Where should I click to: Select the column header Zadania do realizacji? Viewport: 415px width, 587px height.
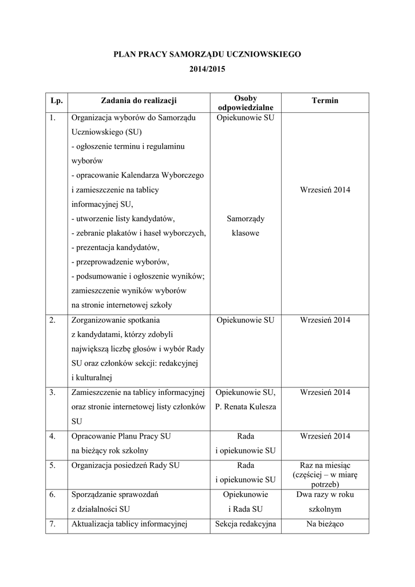139,101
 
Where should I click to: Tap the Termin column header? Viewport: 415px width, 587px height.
325,101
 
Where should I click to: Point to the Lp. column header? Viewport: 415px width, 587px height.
56,101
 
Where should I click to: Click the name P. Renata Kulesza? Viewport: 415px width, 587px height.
246,407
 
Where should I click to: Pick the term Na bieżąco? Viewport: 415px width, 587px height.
325,523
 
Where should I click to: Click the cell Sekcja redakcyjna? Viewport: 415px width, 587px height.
246,523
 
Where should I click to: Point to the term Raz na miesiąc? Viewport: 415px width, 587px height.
325,465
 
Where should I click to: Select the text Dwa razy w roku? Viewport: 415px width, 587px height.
325,494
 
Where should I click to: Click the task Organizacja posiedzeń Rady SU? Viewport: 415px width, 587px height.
125,465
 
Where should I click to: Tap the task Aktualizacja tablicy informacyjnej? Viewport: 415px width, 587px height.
130,523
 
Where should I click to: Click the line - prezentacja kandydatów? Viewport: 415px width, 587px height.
115,248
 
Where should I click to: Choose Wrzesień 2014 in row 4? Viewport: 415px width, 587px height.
325,436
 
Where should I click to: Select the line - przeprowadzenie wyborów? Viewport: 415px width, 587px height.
120,262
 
